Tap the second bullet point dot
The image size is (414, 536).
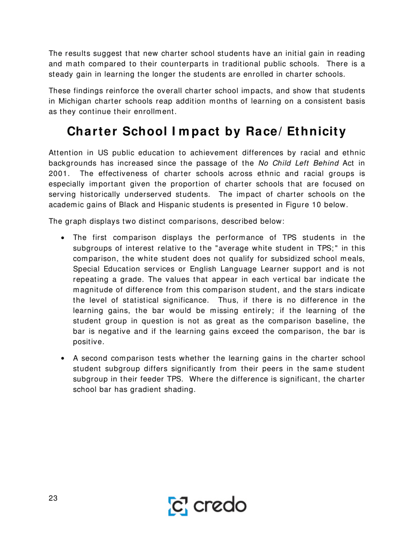(x=64, y=346)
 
